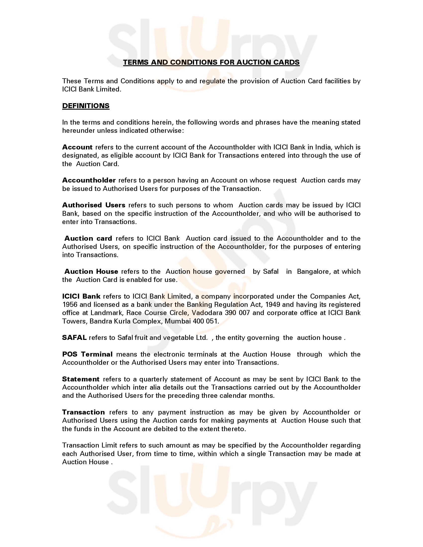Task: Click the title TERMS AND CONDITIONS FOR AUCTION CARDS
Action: tap(211, 62)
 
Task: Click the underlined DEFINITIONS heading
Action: tap(86, 106)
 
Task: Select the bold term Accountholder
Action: tap(89, 180)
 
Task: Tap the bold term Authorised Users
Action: tap(94, 205)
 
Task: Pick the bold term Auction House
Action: tap(91, 272)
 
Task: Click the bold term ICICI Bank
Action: tap(81, 296)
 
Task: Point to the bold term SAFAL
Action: tap(74, 338)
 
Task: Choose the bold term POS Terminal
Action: tap(87, 354)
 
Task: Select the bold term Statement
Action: tap(81, 379)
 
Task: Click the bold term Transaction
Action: tap(83, 412)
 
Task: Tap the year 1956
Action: tap(70, 305)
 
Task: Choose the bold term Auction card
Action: tap(88, 238)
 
